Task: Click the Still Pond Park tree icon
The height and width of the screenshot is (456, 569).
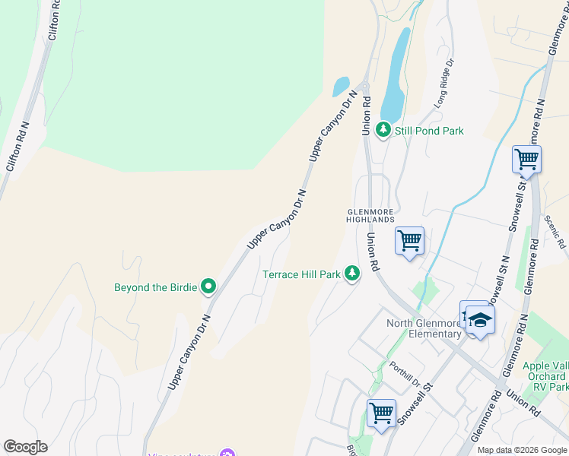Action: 383,131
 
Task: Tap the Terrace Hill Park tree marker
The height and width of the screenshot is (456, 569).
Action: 352,273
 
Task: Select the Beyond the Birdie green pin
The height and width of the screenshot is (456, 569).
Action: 208,287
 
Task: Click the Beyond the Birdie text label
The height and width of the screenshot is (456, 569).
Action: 155,287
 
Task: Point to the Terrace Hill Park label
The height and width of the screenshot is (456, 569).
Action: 301,274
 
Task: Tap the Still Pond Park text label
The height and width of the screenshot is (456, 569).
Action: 429,131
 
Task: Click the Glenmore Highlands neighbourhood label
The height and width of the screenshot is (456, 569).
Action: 372,215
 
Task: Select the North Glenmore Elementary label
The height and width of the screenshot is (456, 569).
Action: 424,328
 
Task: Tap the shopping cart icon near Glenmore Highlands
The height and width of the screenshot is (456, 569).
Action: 410,241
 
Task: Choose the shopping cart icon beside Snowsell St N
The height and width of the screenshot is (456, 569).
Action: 526,160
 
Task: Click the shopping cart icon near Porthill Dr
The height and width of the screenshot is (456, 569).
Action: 381,413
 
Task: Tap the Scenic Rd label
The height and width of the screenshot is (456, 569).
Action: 555,232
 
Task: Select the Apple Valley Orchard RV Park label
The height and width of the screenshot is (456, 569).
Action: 545,376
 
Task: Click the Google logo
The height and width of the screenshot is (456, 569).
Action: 25,447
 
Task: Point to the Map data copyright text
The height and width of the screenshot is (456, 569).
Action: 522,450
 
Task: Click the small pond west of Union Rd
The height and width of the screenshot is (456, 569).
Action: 341,87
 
